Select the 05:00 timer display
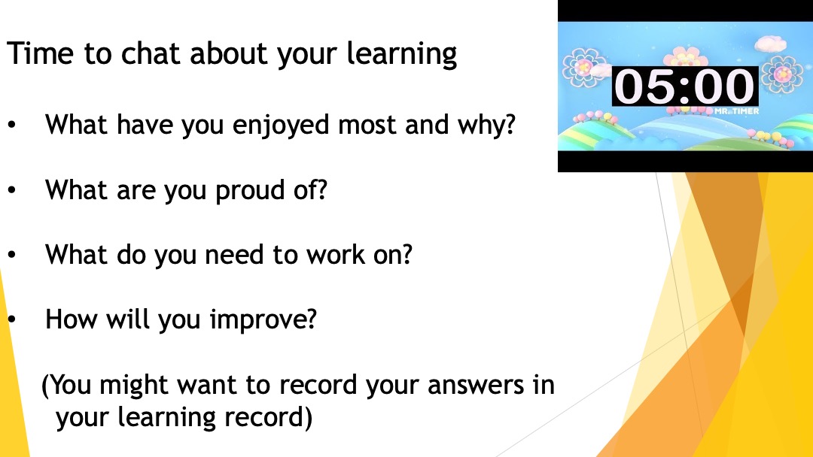coord(684,86)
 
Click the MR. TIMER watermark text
coord(736,111)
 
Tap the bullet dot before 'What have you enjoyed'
coord(12,126)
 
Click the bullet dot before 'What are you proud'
coord(12,190)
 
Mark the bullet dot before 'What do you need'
coord(12,255)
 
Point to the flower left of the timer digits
coord(584,67)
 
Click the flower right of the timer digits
coord(782,74)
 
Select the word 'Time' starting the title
coord(40,53)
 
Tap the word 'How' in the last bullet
coord(71,319)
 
